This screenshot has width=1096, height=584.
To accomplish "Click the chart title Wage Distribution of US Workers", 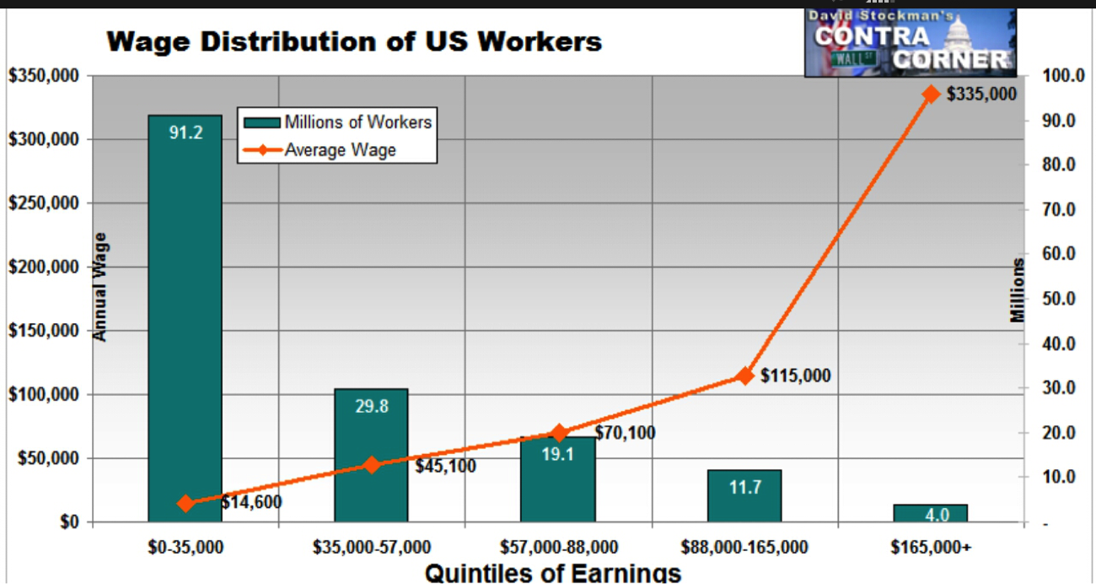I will point(354,41).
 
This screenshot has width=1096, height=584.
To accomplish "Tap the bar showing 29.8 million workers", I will point(371,456).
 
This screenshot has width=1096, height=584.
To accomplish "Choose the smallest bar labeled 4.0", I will point(931,513).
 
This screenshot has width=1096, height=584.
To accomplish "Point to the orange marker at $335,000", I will point(931,94).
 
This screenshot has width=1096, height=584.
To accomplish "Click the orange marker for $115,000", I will point(744,376).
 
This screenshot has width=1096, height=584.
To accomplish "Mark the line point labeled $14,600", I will point(186,503).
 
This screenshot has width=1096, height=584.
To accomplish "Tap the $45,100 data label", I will point(445,466).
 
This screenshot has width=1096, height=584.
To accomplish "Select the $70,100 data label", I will point(625,433).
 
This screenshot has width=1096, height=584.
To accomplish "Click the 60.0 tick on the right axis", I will point(1059,253).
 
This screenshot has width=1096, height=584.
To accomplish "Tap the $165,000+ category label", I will point(931,547).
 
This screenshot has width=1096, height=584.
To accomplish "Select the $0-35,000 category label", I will point(185,547).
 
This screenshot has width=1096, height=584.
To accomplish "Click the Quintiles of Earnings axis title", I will point(552,572).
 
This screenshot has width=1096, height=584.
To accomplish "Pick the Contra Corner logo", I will point(911,42).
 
